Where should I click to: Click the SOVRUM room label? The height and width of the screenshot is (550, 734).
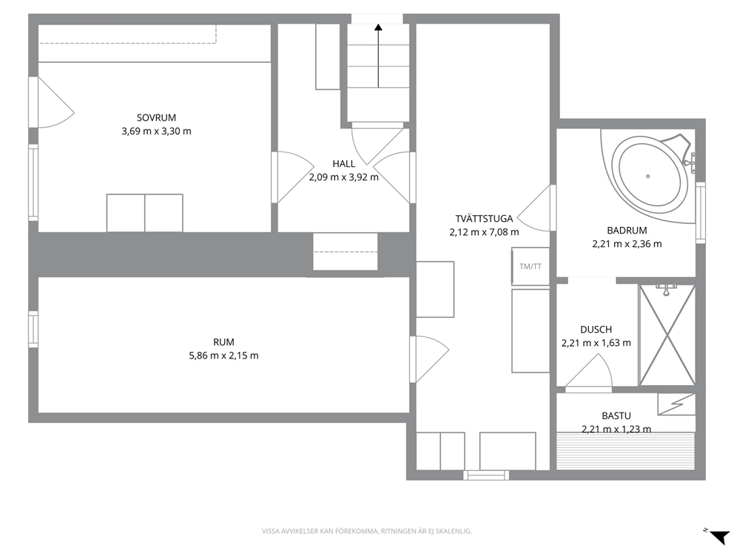[x=156, y=118]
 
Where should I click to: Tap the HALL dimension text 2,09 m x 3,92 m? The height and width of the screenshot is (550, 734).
[x=343, y=177]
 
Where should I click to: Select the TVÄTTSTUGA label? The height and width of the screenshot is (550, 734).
[x=484, y=218]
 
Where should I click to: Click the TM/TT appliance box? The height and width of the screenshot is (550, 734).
[x=531, y=266]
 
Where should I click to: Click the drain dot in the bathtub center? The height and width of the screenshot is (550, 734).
[x=648, y=177]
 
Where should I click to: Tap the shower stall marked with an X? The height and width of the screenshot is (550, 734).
[x=667, y=335]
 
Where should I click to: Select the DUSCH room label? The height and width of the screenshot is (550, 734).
[x=596, y=329]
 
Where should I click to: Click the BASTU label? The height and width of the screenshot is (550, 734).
[x=616, y=415]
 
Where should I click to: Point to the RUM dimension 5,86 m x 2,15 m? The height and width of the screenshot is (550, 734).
[x=223, y=356]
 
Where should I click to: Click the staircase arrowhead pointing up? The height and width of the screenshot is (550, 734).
[x=378, y=27]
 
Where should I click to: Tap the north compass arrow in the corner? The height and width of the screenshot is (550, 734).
[x=719, y=535]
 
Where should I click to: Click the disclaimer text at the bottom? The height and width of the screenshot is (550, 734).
[x=366, y=531]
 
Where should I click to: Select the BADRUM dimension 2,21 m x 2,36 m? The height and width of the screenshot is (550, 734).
[x=627, y=244]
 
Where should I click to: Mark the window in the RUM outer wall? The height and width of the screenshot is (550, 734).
[x=33, y=329]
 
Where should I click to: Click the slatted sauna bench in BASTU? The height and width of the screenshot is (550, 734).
[x=625, y=451]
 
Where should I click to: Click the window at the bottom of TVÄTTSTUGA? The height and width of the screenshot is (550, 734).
[x=486, y=475]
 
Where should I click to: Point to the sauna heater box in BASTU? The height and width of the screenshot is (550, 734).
[x=676, y=404]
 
